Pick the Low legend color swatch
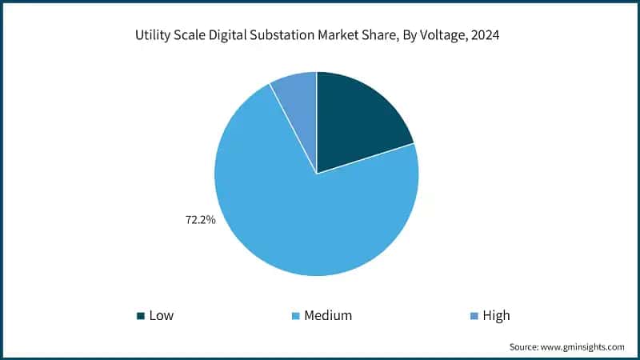click(x=141, y=316)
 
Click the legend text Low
click(x=161, y=316)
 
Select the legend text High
click(x=496, y=316)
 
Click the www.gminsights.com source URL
click(x=583, y=346)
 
